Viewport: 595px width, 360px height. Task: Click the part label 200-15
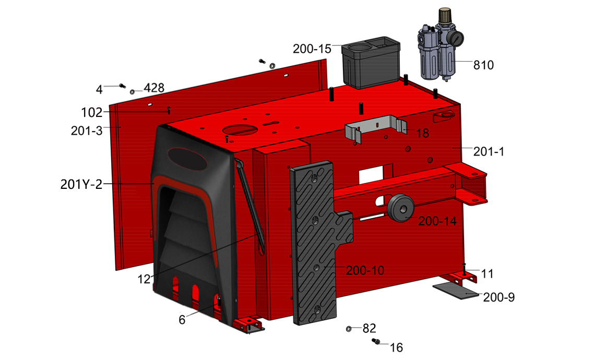coord(312,49)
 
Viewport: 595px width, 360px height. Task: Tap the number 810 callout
coord(483,65)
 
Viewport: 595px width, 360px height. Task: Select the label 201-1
coord(489,152)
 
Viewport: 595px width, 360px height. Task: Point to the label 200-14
coord(437,221)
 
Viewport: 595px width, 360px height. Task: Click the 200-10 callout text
coord(365,270)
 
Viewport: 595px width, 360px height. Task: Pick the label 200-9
coord(499,297)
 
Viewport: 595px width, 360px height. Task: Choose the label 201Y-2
coord(81,184)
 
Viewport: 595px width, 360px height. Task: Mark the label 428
coord(154,88)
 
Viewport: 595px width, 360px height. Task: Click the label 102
coord(92,112)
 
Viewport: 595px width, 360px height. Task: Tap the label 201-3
coord(87,131)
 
